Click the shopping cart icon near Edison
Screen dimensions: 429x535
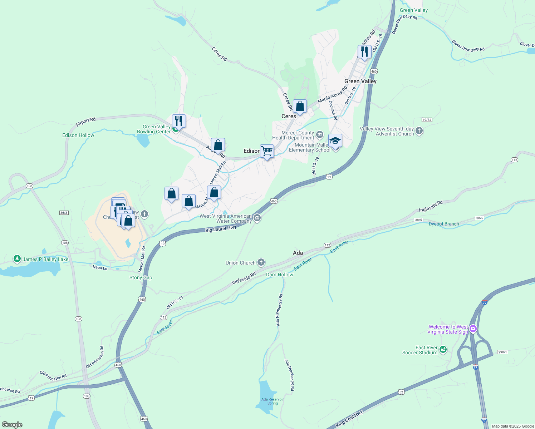pos(267,151)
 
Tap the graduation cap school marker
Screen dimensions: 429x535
pos(335,140)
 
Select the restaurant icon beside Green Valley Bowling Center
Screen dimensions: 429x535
pos(179,121)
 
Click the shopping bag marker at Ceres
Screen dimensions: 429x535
pos(300,106)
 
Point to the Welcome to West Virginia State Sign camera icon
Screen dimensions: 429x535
pos(473,329)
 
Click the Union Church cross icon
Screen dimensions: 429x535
pos(261,263)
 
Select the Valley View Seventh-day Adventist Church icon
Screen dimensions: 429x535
pos(419,131)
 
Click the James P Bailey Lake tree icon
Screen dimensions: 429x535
pos(17,259)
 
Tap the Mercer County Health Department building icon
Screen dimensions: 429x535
pos(320,135)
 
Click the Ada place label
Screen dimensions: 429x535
pos(298,253)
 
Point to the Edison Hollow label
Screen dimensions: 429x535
pos(78,135)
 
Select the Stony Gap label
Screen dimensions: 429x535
pos(141,277)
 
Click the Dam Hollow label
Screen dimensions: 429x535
pos(280,275)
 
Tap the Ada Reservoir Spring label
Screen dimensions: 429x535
pos(273,401)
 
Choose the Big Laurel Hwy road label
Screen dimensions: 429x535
pos(221,229)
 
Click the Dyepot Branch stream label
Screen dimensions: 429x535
pos(444,224)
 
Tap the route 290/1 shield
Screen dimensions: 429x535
pos(502,352)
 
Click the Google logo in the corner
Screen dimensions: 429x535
pos(12,425)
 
